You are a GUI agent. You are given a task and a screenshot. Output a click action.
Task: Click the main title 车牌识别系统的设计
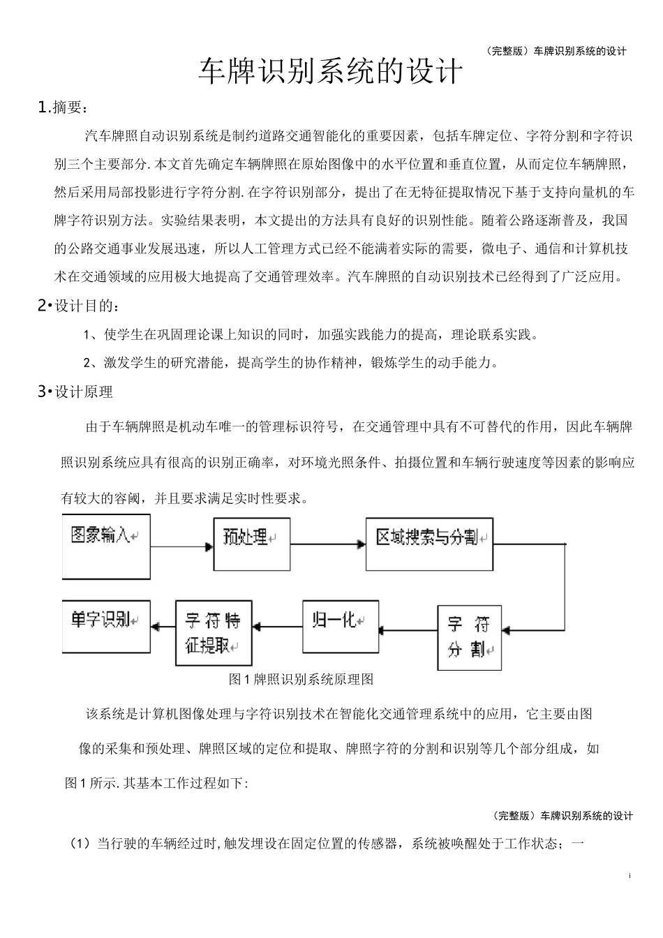[331, 72]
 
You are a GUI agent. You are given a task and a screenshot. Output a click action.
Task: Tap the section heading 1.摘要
[63, 107]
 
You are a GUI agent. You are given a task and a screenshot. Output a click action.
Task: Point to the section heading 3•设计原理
[75, 392]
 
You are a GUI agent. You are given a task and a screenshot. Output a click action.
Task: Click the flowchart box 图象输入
[106, 546]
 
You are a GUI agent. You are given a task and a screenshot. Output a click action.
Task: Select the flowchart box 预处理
[251, 544]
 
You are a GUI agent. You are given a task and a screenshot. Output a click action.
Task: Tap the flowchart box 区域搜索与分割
[429, 544]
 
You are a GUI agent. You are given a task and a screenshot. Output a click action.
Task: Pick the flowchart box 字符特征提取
[212, 632]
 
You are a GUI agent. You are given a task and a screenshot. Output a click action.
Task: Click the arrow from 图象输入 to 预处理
[181, 546]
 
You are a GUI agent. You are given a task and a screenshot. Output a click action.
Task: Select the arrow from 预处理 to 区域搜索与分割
[328, 544]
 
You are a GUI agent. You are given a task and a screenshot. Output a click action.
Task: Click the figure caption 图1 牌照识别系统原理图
[301, 679]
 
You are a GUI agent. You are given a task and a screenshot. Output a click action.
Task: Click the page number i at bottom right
[630, 875]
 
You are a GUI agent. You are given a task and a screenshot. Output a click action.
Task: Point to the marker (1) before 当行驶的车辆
[81, 843]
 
